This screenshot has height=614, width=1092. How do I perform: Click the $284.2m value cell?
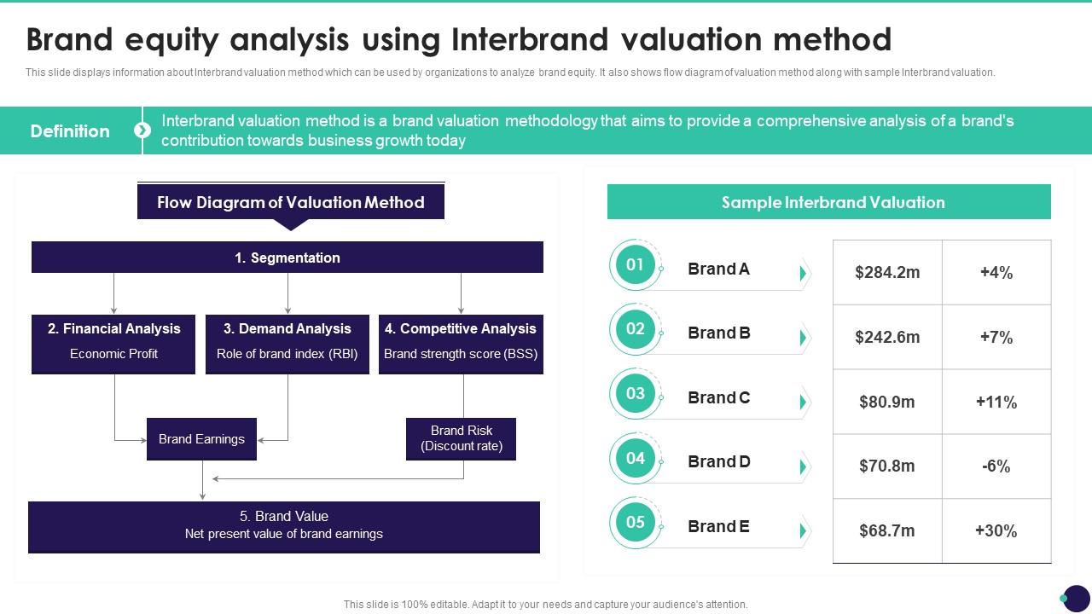coord(887,273)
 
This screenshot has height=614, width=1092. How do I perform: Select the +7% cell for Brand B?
coord(996,337)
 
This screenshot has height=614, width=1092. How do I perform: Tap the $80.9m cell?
coord(887,402)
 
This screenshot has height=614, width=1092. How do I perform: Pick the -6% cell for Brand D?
coord(996,466)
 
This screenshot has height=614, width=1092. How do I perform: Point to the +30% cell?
coord(996,530)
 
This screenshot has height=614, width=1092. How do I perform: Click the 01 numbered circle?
coord(635,264)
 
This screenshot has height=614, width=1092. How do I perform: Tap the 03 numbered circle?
coord(635,394)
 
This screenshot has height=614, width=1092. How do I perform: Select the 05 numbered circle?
coord(635,523)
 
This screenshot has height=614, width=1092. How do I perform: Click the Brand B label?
coord(719,333)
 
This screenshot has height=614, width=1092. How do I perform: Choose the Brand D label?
coord(719,462)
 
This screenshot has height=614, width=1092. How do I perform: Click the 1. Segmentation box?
coord(288,258)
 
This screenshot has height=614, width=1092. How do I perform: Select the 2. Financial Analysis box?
coord(113,344)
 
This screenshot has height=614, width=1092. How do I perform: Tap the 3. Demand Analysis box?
coord(288,344)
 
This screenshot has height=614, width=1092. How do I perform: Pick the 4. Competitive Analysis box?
coord(461,344)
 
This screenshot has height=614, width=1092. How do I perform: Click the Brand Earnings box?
coord(201,439)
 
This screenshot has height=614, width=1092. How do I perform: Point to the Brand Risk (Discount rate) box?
coord(461,438)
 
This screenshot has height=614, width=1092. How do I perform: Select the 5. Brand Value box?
coord(284,526)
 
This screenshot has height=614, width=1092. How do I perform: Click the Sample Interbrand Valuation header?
coord(829,202)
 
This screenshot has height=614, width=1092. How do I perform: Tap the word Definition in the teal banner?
coord(70,131)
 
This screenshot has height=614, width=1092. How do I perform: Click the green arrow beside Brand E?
coord(803,531)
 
